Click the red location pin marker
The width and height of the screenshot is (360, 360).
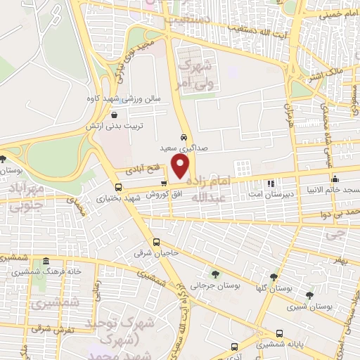[181, 167]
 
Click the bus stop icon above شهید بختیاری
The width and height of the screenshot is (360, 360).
[117, 187]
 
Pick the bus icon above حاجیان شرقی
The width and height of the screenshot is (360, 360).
[156, 243]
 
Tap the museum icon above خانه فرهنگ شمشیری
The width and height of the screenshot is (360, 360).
[46, 259]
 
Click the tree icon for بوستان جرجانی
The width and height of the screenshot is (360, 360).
[214, 274]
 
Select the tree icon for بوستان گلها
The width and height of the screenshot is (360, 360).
[273, 276]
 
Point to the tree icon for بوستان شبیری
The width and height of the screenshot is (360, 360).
[309, 295]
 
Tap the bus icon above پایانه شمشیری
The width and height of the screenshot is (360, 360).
[280, 333]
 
